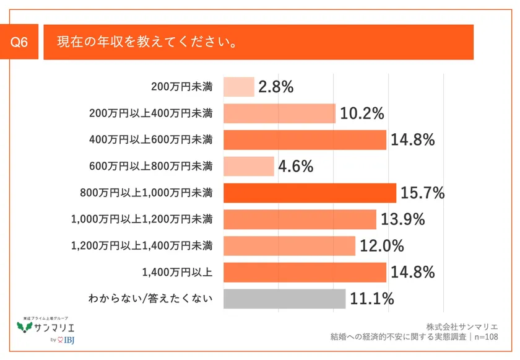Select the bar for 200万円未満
(238, 87)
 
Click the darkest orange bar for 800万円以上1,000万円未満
(310, 193)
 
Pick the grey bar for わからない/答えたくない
(284, 299)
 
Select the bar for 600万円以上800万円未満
(248, 166)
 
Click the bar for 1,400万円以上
(305, 272)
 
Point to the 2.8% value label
(275, 87)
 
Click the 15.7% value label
(423, 193)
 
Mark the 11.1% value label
(372, 299)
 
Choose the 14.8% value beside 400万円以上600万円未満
(413, 140)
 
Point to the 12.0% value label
(382, 246)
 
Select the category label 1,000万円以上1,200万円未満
(142, 219)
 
